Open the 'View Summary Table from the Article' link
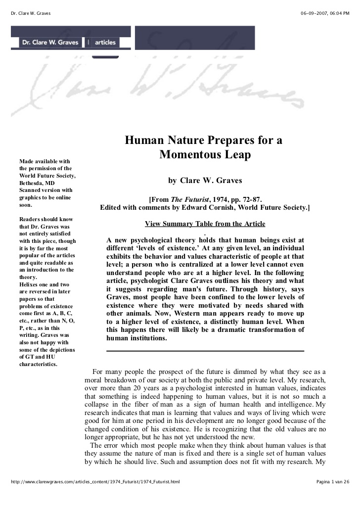tap(205, 224)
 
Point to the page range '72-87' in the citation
tap(248, 200)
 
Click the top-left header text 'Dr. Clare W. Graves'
tap(31, 13)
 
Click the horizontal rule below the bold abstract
tap(205, 351)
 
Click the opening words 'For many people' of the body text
tap(115, 371)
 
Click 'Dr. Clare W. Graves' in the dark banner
tap(49, 43)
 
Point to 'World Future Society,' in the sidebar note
tap(47, 176)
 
